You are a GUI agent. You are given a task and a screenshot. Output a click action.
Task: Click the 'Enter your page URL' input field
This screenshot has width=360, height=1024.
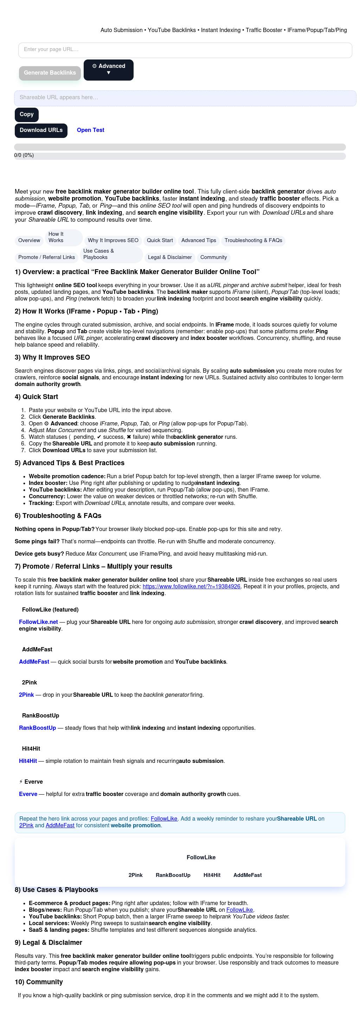185,50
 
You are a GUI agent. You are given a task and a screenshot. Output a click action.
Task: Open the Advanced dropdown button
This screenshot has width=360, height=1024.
109,70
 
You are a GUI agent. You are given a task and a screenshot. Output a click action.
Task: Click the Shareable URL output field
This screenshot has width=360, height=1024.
185,98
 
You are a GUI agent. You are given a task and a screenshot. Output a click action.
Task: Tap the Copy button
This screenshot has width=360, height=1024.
27,114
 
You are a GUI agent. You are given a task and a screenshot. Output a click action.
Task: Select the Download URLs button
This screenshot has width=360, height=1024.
41,131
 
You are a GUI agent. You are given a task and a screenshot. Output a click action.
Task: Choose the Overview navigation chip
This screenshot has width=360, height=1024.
29,240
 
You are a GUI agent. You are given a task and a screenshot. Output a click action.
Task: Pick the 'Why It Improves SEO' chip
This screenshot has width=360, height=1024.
113,240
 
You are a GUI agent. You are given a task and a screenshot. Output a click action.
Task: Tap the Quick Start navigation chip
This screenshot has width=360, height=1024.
160,240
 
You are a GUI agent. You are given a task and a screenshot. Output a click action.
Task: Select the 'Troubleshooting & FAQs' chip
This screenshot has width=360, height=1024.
253,240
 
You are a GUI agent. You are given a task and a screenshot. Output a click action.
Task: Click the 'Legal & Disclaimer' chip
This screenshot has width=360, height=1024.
170,257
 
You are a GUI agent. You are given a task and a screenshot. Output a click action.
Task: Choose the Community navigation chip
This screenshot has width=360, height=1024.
213,257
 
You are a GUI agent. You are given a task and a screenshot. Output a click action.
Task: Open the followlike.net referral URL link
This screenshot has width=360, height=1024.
191,586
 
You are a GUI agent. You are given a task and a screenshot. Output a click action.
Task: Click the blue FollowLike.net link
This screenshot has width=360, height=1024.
39,622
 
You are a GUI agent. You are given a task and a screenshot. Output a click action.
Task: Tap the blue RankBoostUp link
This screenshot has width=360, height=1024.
37,728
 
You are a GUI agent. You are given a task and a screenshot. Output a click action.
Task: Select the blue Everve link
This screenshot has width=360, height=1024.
28,794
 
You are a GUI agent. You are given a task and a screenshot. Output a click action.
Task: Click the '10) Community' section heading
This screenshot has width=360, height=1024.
39,982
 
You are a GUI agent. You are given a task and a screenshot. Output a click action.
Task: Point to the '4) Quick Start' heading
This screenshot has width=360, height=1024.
36,397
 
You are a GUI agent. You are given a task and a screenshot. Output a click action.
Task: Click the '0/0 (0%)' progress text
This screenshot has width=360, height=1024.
24,156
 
